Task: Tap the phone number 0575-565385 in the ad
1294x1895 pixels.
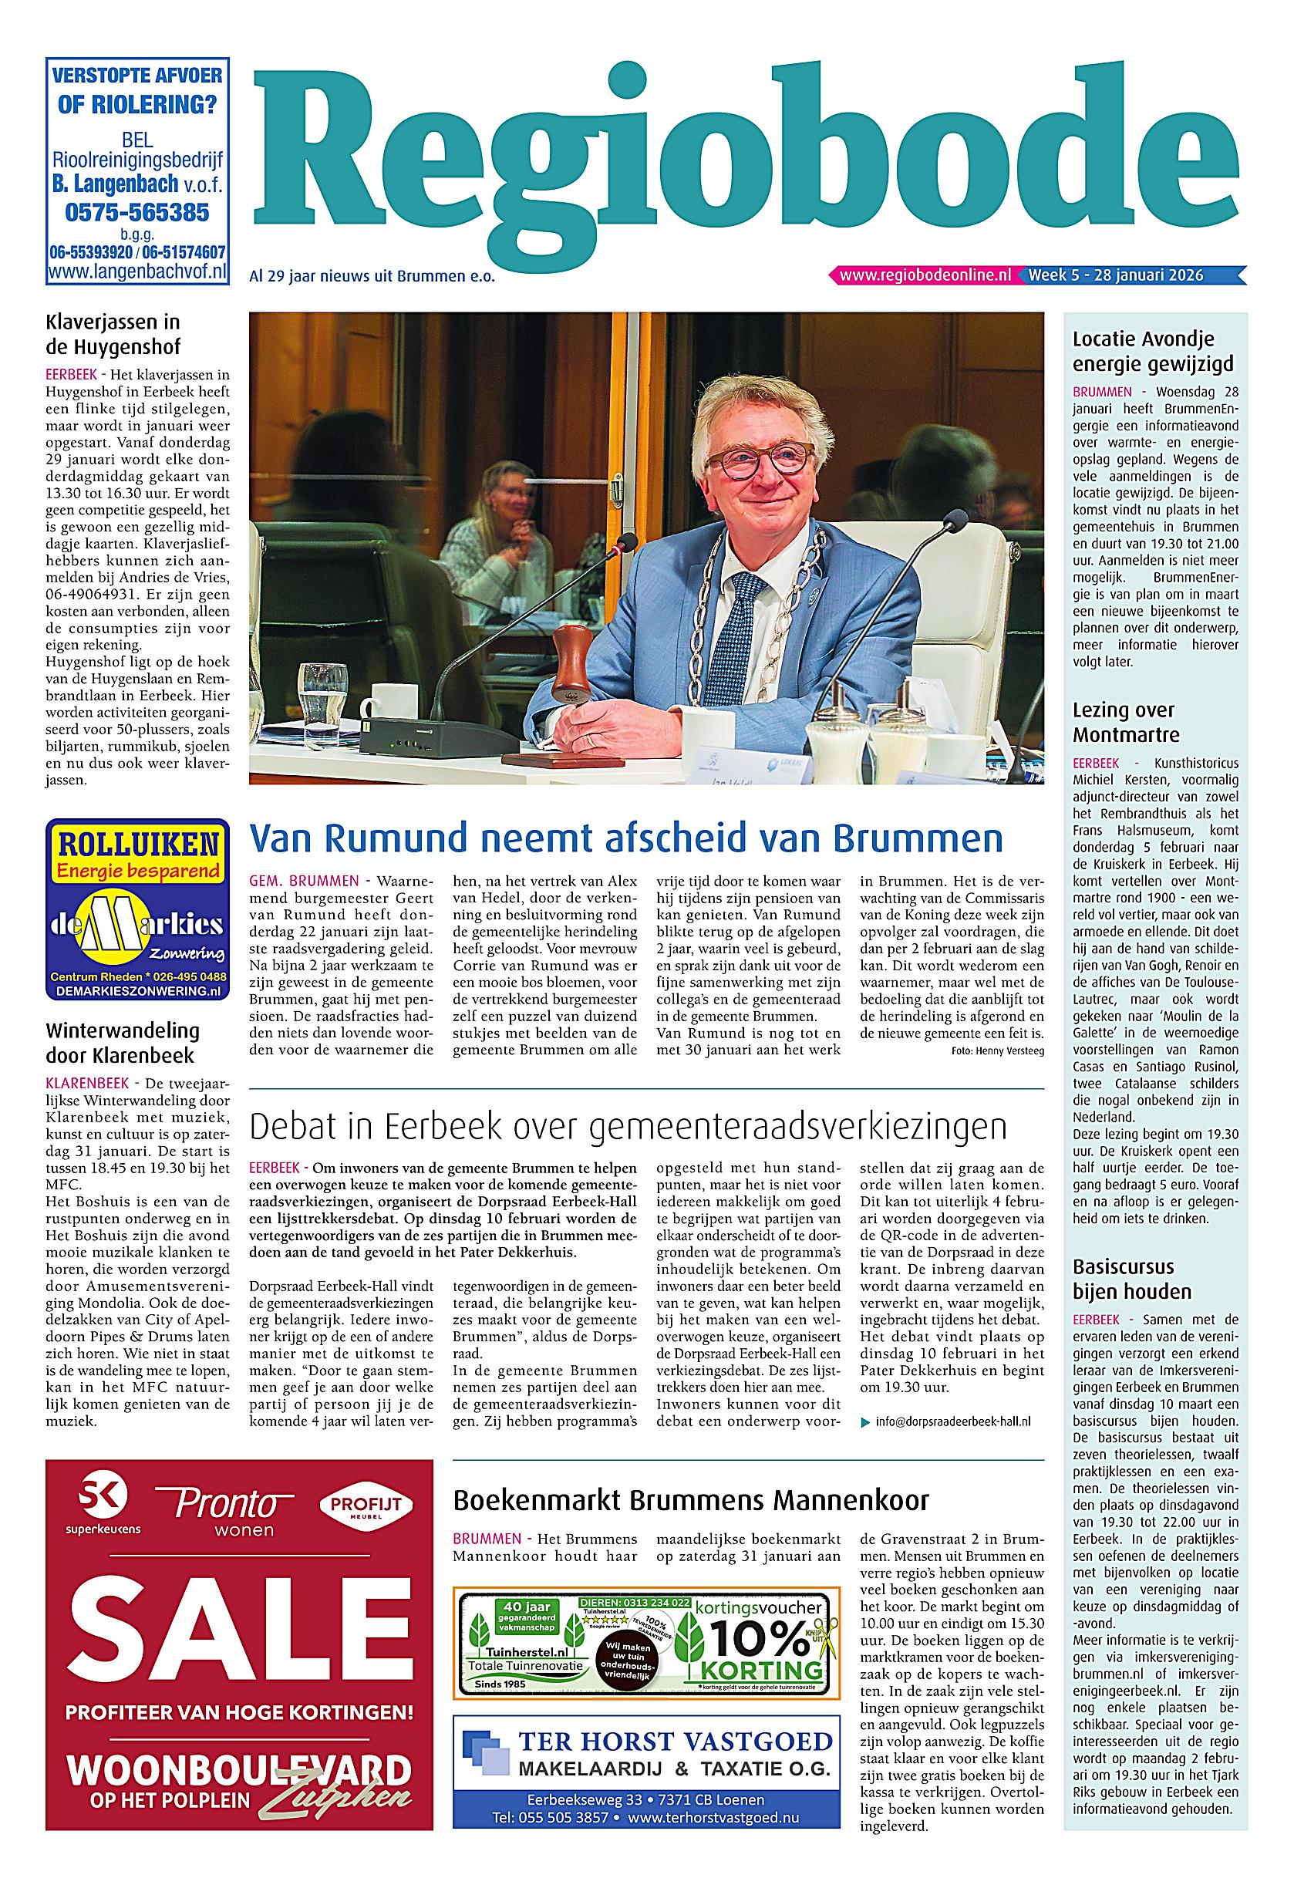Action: (136, 213)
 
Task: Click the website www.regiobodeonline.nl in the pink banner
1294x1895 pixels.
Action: (925, 275)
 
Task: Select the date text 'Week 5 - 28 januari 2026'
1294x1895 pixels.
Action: (1115, 275)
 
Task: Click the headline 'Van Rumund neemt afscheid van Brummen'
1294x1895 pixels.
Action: (625, 838)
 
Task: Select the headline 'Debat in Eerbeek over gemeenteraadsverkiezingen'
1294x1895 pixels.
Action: (628, 1127)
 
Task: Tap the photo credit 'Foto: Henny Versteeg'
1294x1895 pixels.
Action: (997, 1051)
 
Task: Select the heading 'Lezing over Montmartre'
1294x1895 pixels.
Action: (1126, 722)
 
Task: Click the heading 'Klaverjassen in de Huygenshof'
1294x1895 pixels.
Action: (113, 333)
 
